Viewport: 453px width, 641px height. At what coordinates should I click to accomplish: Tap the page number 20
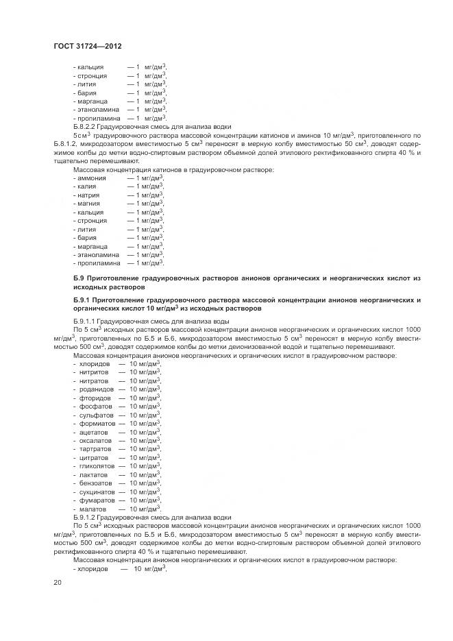(58, 583)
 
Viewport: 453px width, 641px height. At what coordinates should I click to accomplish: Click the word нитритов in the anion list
(94, 372)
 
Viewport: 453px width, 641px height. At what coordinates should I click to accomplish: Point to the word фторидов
(94, 398)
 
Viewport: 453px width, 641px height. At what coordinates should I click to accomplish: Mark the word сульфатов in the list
(95, 415)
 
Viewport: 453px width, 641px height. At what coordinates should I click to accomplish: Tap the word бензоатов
(95, 483)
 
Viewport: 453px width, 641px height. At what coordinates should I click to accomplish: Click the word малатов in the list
(93, 509)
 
